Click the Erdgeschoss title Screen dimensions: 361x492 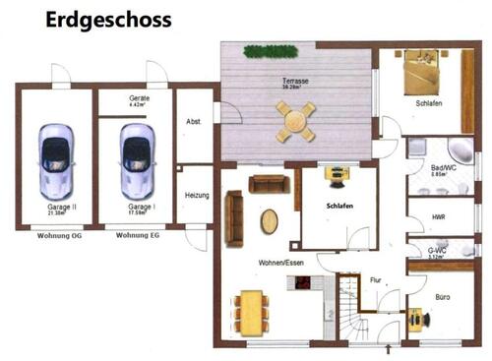click(x=108, y=20)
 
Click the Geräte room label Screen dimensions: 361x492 click(x=139, y=100)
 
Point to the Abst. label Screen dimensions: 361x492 click(x=194, y=122)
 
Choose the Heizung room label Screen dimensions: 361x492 click(x=197, y=196)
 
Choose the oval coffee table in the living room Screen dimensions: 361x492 click(x=269, y=220)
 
